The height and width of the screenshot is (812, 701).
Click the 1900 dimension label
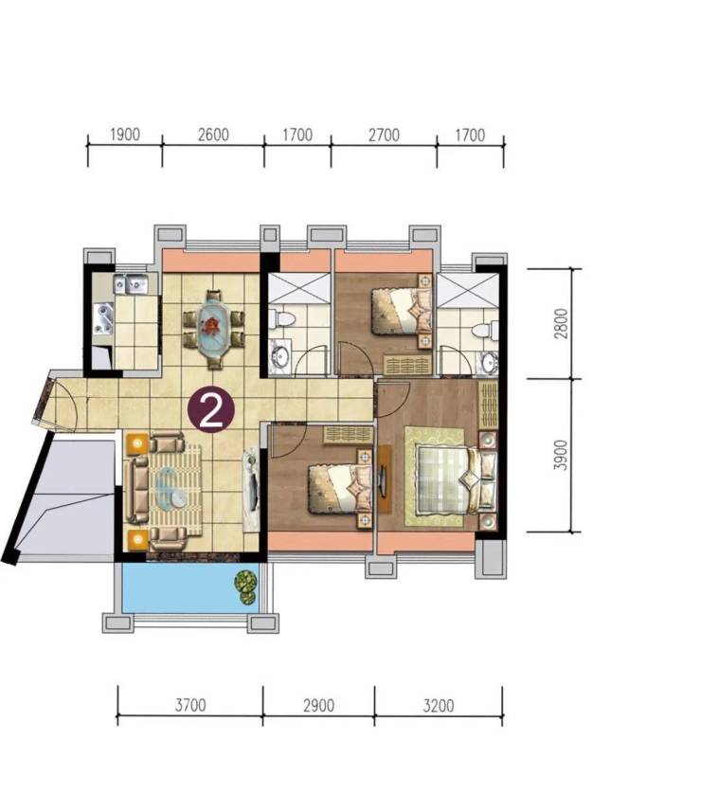point(125,135)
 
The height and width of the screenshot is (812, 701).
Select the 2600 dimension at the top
point(213,135)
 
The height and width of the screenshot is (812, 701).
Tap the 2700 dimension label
point(384,135)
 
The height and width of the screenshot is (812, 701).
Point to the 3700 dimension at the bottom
point(190,705)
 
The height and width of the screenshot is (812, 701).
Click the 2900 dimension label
point(318,705)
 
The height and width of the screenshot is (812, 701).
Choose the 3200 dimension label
point(438,705)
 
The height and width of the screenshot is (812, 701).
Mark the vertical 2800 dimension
point(561,324)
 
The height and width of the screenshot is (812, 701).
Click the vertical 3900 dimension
point(561,455)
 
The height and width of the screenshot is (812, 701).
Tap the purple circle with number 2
point(210,409)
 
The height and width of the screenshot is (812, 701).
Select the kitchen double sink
point(131,284)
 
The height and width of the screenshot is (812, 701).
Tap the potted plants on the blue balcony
point(246,586)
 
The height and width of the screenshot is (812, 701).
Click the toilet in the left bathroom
point(281,317)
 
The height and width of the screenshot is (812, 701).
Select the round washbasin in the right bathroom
point(487,362)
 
